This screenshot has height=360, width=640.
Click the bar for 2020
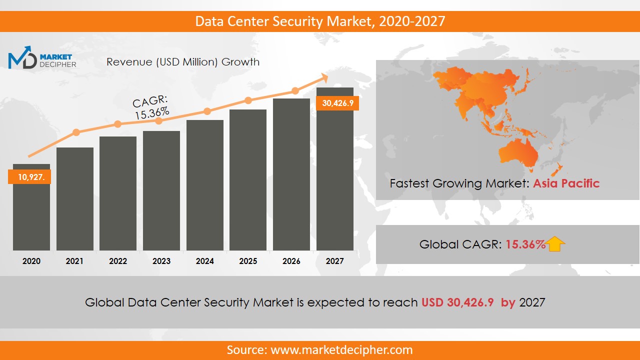pos(31,215)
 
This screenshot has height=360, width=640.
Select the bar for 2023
pos(161,190)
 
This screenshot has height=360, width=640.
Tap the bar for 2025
pos(248,180)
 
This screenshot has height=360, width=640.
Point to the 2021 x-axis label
pos(74,261)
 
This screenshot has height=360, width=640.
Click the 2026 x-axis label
pos(291,261)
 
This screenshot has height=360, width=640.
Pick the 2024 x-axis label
pos(204,261)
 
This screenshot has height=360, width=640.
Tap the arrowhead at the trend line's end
pos(323,77)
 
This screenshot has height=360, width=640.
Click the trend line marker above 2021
pos(76,132)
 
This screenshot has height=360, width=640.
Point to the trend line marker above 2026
pos(295,91)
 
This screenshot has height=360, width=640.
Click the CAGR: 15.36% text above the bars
pos(151,107)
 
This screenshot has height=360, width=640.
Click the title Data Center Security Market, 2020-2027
pos(320,21)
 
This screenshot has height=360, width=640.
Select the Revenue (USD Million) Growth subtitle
pos(183,62)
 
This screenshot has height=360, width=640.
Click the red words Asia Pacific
pos(566,183)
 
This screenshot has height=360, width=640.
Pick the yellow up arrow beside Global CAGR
pos(555,244)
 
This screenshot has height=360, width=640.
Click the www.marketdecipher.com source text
pos(341,350)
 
